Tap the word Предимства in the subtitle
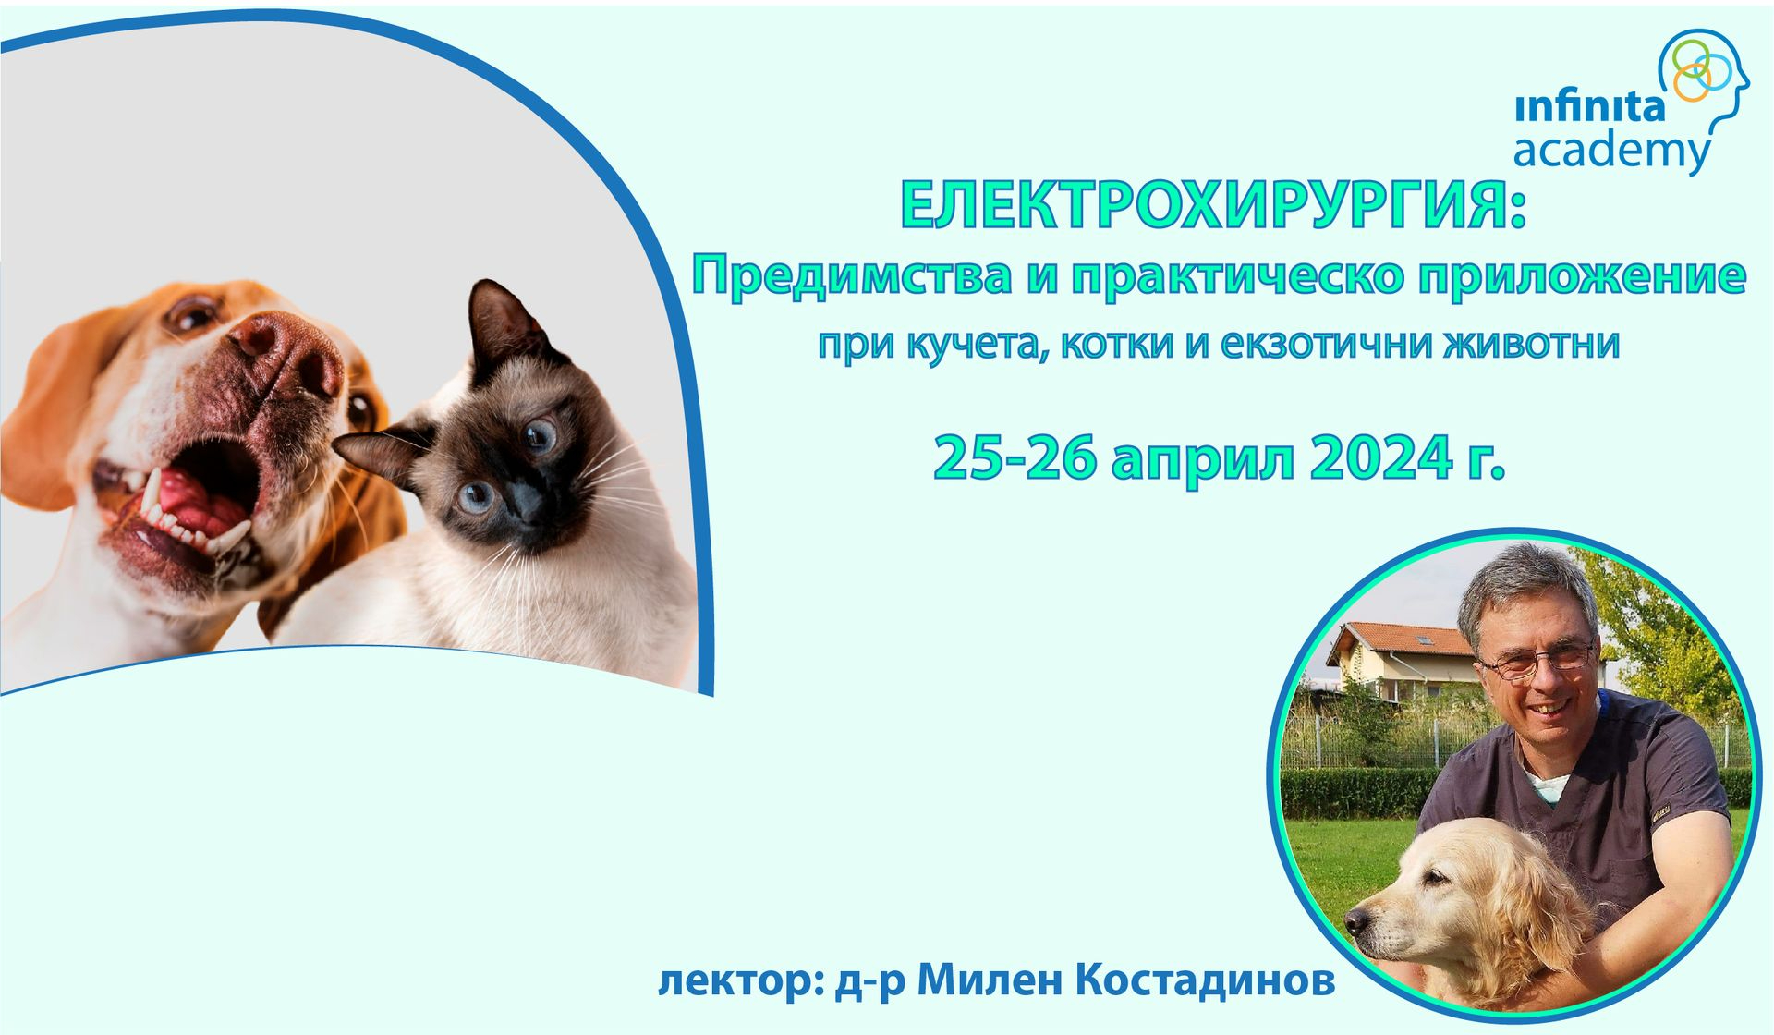click(x=851, y=275)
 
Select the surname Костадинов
click(x=1206, y=980)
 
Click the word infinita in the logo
click(x=1590, y=108)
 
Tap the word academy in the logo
click(x=1612, y=151)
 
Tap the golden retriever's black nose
click(x=1357, y=922)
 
